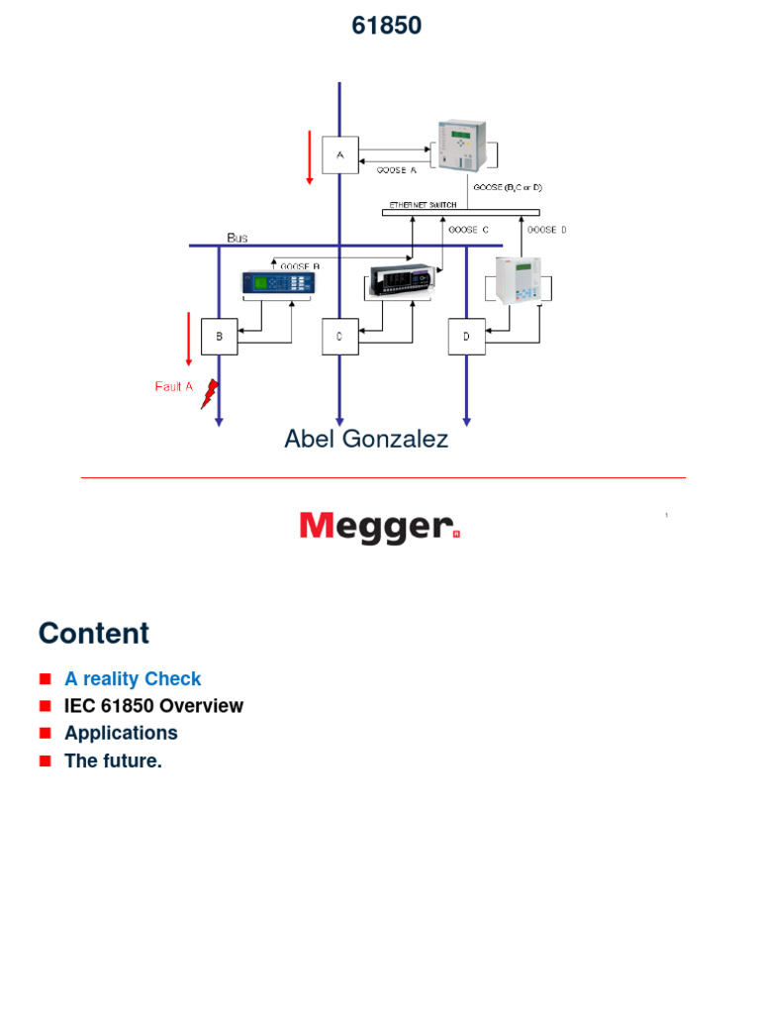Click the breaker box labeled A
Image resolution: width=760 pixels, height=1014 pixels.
click(339, 155)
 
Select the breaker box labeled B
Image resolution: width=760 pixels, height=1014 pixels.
click(219, 337)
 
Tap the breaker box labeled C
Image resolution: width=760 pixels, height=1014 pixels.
click(339, 337)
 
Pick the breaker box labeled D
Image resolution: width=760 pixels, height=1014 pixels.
click(466, 337)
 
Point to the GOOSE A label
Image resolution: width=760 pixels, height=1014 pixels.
click(397, 170)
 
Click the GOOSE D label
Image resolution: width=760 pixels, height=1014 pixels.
click(547, 230)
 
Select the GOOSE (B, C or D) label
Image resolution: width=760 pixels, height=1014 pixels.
click(509, 187)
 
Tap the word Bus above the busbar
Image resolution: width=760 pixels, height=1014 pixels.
click(237, 238)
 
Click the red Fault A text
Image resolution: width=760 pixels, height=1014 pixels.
click(173, 387)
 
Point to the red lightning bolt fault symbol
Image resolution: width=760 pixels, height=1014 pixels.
click(209, 395)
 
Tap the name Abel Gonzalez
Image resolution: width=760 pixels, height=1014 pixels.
click(366, 439)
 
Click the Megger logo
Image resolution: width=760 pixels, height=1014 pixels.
click(380, 526)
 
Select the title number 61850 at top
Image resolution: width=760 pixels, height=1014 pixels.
click(386, 27)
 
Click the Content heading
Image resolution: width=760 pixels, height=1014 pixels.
click(94, 633)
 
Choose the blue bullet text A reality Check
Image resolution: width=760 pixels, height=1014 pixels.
click(133, 679)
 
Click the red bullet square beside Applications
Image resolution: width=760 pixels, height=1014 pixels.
click(45, 734)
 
